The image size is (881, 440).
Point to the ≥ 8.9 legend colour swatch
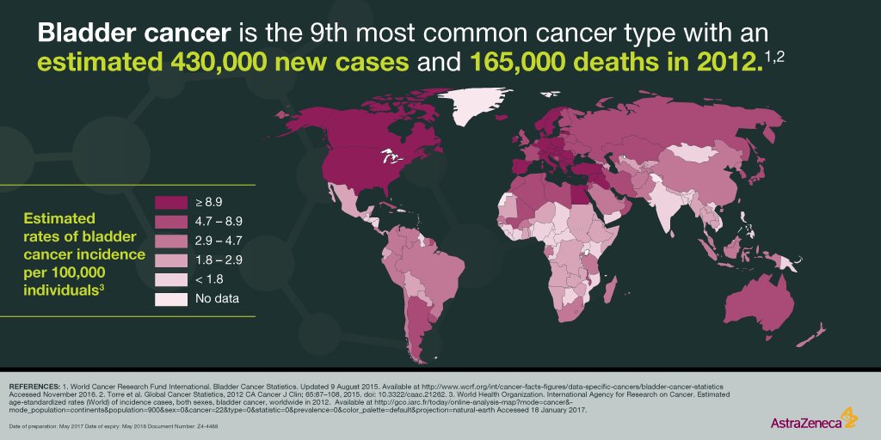click(169, 202)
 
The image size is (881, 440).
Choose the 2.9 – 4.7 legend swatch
click(169, 241)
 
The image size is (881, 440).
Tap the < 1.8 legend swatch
click(169, 279)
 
